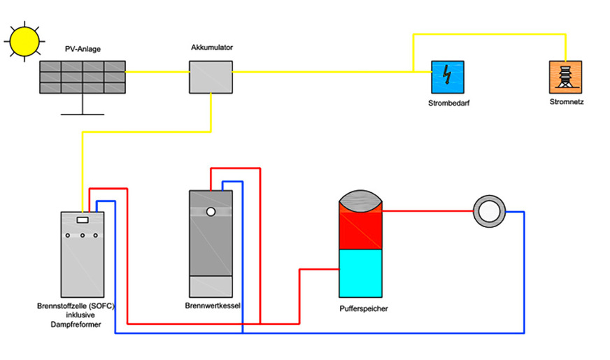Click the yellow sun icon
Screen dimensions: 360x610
pos(24,41)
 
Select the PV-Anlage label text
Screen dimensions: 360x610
pos(83,50)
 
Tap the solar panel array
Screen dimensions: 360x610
pos(83,77)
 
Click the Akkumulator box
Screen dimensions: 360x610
pos(211,77)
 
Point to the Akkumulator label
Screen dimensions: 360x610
pos(211,48)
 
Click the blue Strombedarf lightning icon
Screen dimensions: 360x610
pos(447,77)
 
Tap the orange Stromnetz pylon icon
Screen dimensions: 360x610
pos(566,77)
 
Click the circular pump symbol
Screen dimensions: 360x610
pos(489,210)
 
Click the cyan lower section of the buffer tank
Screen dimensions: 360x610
pos(361,273)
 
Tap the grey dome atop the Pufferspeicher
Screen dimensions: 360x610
pos(361,196)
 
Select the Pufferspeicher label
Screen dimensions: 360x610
pos(362,308)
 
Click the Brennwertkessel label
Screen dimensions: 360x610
pos(211,305)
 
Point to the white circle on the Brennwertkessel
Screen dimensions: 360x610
pos(210,211)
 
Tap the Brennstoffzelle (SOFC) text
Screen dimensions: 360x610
pos(75,306)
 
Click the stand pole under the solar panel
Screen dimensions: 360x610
pos(83,104)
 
